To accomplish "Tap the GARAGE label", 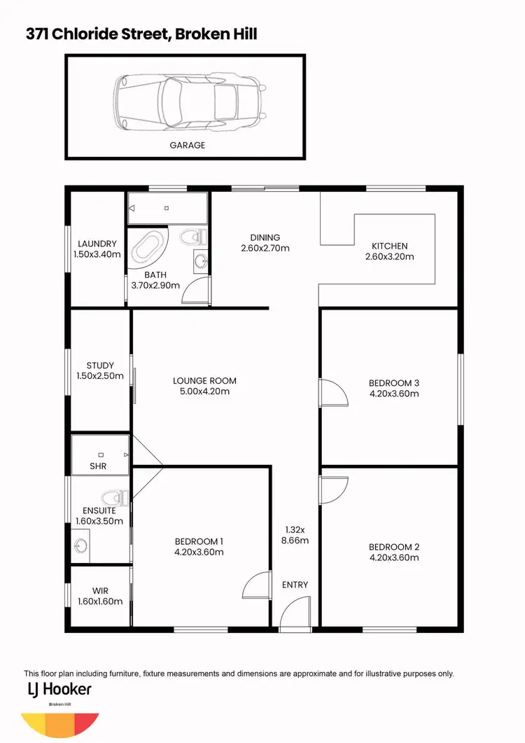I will click(187, 146).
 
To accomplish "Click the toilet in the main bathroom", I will click(191, 237).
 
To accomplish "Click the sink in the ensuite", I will click(80, 543).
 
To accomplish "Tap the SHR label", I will click(97, 466).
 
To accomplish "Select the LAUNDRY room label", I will click(97, 244).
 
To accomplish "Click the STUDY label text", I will click(100, 366).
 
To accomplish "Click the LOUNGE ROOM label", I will click(205, 381).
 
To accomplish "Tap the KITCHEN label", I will click(390, 246).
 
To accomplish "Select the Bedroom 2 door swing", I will click(335, 489).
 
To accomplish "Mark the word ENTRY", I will click(295, 585).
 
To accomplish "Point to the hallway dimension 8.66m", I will click(295, 541).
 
